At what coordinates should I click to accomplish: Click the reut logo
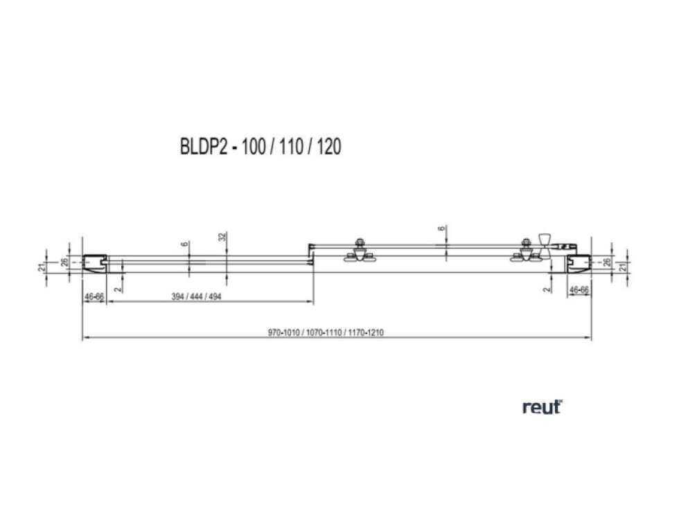[x=542, y=408]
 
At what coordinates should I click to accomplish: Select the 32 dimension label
[x=222, y=237]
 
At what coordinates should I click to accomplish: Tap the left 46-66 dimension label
[x=94, y=296]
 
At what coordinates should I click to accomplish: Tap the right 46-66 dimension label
[x=579, y=291]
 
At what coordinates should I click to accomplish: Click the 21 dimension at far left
[x=42, y=265]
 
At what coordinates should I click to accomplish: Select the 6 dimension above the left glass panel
[x=184, y=244]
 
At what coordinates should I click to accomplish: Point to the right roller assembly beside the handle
[x=525, y=252]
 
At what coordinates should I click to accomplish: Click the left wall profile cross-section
[x=92, y=262]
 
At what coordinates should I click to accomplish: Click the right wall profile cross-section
[x=580, y=262]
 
